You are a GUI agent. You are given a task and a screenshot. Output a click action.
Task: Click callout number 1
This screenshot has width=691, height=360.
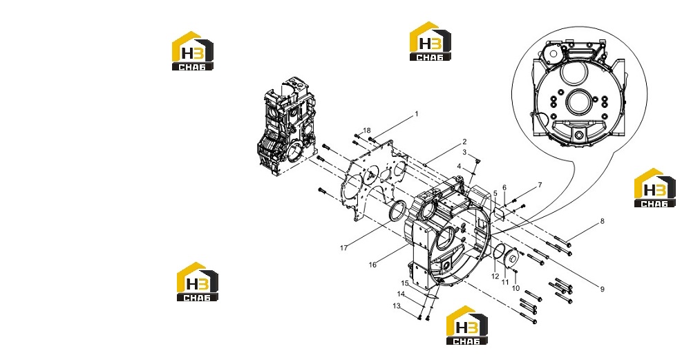pos(417,114)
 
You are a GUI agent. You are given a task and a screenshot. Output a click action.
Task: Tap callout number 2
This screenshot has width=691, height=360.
pos(464,142)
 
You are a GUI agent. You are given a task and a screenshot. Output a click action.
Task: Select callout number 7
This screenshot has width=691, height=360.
pos(540,185)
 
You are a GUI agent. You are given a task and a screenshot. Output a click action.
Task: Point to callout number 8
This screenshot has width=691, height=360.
pos(602,221)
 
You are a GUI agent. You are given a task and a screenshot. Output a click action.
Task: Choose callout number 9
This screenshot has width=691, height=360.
pos(602,289)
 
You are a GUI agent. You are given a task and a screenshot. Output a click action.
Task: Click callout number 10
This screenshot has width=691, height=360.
pos(515,288)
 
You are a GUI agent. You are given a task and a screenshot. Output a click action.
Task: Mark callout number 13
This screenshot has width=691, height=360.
pos(397,306)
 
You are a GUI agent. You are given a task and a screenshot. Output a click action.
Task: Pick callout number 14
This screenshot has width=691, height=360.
pos(401,294)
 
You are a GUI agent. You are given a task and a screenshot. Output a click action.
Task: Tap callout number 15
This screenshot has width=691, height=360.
pos(405,283)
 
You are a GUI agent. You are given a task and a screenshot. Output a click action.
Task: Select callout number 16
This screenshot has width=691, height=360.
pos(373,265)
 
